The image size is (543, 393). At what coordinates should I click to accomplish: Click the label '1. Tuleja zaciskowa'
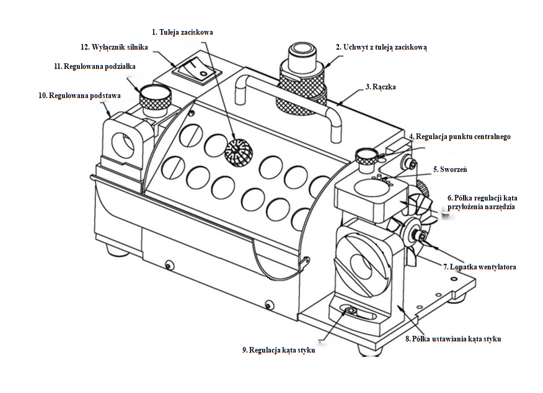[x=182, y=32]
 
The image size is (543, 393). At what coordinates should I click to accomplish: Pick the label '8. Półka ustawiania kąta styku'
[x=453, y=339]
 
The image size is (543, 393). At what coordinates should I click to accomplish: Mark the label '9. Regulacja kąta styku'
[x=278, y=350]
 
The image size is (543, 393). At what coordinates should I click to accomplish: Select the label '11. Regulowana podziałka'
[x=94, y=65]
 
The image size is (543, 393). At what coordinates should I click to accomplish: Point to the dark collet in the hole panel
[x=236, y=151]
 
